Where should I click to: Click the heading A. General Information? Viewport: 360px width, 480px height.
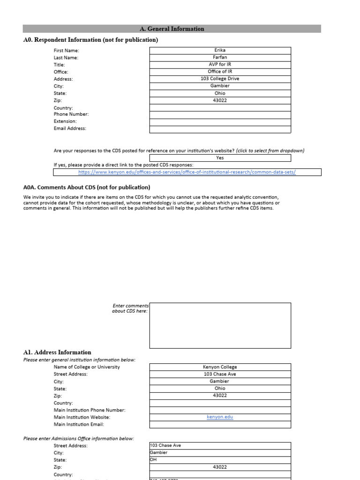(172, 29)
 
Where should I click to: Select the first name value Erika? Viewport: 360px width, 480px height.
(220, 50)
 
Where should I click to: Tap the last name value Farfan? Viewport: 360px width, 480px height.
(220, 58)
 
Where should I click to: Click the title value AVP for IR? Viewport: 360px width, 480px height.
(220, 65)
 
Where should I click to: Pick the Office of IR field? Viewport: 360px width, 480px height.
(220, 72)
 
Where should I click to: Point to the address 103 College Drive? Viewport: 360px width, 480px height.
(220, 79)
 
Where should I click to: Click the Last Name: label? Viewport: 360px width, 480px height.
(66, 58)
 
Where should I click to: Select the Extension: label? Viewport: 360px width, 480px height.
(65, 121)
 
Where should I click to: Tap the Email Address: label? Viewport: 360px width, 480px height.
(70, 128)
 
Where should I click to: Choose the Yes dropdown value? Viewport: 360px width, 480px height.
(220, 158)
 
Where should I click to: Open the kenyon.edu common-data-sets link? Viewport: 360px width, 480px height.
(187, 172)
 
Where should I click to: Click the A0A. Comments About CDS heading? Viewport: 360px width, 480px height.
(87, 187)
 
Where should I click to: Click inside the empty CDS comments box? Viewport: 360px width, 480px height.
(220, 325)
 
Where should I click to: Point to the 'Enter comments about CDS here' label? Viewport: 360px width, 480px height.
(130, 308)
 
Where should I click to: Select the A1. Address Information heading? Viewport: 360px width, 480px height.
(57, 352)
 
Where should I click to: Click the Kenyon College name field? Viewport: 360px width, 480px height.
(220, 367)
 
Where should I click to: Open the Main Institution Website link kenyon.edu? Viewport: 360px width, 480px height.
(220, 417)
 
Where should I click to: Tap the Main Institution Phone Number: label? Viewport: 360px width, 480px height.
(90, 410)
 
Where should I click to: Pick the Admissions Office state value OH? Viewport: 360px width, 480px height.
(153, 460)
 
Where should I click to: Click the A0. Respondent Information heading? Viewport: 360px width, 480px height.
(90, 40)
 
